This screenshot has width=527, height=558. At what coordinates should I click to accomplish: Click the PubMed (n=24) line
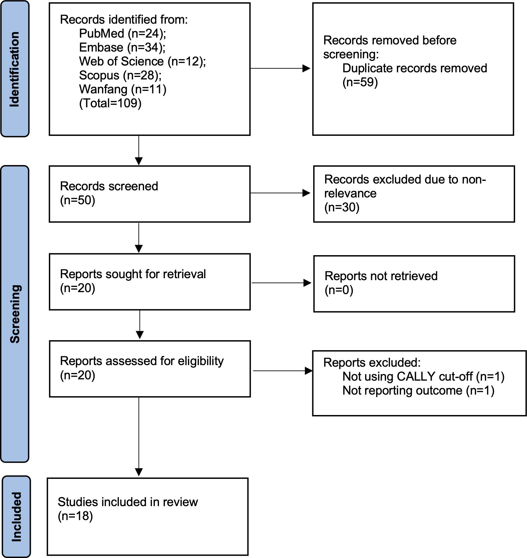(x=122, y=34)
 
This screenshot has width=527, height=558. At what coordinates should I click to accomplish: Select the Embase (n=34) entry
(x=122, y=48)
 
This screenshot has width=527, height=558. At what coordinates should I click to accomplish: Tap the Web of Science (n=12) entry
(x=143, y=62)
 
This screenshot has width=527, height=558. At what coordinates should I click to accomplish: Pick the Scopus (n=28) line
(x=120, y=76)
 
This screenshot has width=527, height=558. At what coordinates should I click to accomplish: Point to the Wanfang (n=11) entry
(x=123, y=89)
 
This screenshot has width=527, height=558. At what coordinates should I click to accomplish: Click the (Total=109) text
(x=110, y=103)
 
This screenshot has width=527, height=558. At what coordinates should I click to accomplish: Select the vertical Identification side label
(x=15, y=69)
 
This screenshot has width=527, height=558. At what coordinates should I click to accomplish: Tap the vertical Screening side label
(x=15, y=314)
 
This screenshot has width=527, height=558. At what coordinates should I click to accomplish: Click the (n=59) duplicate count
(x=360, y=82)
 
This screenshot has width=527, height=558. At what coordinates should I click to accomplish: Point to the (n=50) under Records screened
(x=78, y=200)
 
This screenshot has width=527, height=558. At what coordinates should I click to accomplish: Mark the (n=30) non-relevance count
(x=342, y=208)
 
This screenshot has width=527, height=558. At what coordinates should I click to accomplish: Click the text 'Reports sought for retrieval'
(x=133, y=274)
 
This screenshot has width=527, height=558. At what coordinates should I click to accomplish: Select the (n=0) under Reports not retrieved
(x=339, y=290)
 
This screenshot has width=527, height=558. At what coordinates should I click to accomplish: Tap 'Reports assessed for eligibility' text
(x=142, y=361)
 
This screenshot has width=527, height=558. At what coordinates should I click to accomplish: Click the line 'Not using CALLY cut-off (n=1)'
(x=424, y=377)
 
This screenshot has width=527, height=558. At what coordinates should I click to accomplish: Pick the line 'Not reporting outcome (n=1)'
(x=418, y=391)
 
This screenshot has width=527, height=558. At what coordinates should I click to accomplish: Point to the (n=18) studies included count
(x=75, y=516)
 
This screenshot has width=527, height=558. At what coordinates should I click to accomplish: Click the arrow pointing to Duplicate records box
(x=281, y=68)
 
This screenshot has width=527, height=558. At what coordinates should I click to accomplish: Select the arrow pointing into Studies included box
(x=139, y=436)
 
